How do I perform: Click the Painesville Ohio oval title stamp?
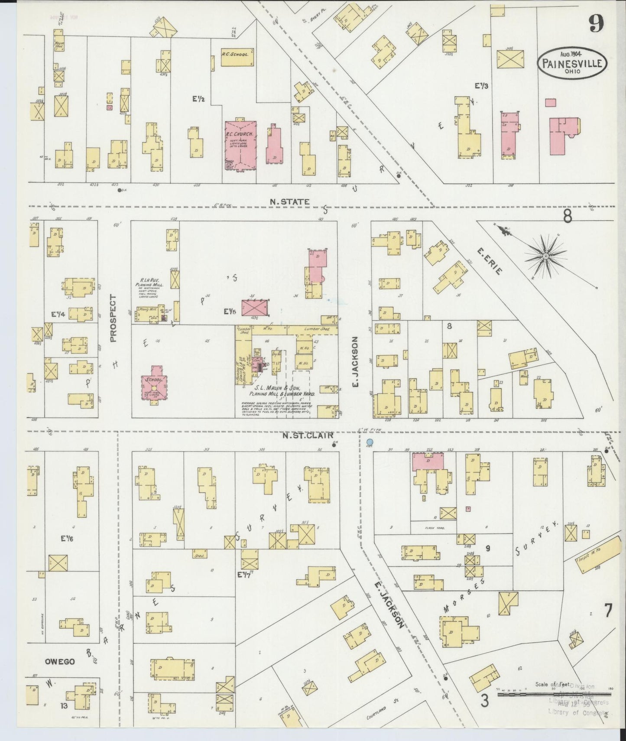tap(571, 63)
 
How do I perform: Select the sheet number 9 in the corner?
tap(596, 26)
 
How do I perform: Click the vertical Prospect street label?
tap(114, 318)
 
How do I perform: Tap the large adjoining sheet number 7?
tap(608, 611)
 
